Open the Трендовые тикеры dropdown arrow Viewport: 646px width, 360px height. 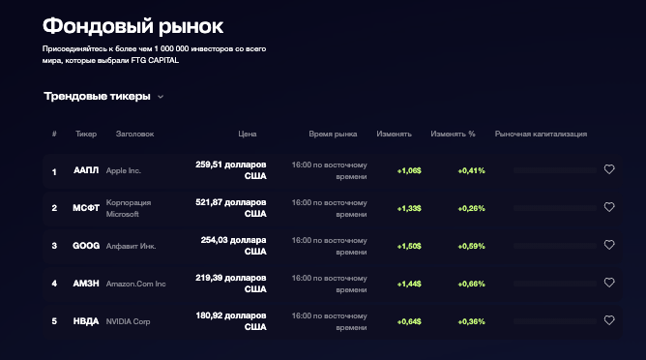tap(161, 97)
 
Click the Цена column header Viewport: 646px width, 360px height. tap(247, 135)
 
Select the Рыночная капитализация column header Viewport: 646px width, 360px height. tap(541, 135)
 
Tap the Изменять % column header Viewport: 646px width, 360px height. tap(453, 135)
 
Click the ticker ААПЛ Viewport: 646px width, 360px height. tap(86, 170)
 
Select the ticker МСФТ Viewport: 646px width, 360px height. tap(86, 207)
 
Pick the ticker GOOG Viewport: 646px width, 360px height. tap(86, 246)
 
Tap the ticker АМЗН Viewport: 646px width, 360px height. tap(86, 283)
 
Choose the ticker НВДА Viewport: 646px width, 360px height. tap(86, 320)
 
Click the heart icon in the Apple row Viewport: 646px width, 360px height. tap(609, 170)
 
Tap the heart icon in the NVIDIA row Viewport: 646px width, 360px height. tap(609, 320)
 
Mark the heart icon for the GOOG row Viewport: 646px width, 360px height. tap(609, 246)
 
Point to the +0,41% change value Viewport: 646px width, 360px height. tap(471, 170)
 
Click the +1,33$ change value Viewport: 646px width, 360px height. tap(408, 208)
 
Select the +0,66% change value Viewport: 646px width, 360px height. tap(471, 284)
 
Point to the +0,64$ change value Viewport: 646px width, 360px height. tap(408, 321)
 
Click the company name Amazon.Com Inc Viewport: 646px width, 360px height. tap(136, 284)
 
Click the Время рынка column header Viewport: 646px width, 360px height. tap(333, 135)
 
